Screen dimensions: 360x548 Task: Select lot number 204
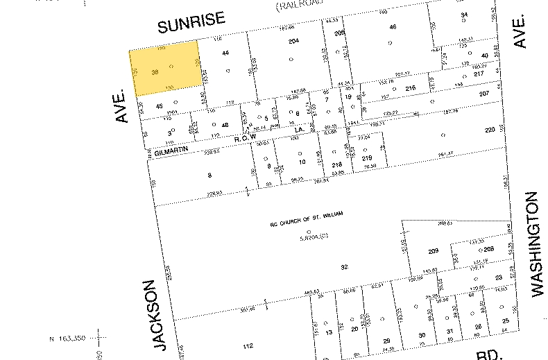click(293, 42)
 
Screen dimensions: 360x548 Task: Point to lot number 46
click(393, 27)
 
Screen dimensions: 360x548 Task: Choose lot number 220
click(490, 130)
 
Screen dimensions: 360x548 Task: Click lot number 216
click(410, 88)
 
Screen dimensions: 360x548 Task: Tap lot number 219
click(367, 158)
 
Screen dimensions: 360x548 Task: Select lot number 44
click(225, 53)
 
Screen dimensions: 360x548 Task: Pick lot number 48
click(225, 125)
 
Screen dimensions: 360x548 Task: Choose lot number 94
click(464, 15)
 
